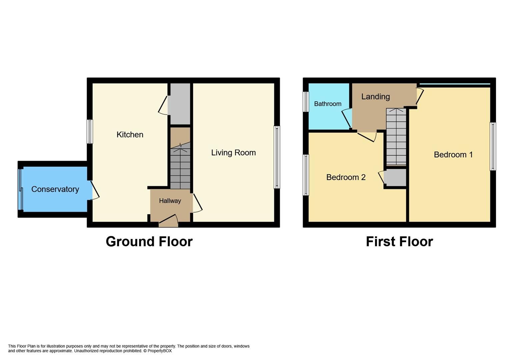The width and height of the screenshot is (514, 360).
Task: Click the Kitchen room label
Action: pyautogui.click(x=130, y=135)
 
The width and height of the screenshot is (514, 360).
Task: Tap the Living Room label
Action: pyautogui.click(x=233, y=153)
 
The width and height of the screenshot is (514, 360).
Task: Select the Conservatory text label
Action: pyautogui.click(x=55, y=189)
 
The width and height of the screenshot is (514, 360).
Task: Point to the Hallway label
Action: pyautogui.click(x=170, y=201)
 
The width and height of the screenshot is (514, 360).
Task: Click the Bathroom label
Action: pyautogui.click(x=327, y=104)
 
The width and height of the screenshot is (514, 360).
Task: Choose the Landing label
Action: pyautogui.click(x=375, y=97)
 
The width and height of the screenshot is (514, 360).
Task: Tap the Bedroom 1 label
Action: pyautogui.click(x=453, y=155)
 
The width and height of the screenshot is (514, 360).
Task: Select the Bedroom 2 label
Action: pyautogui.click(x=346, y=177)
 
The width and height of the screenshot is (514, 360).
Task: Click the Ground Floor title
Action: pyautogui.click(x=149, y=242)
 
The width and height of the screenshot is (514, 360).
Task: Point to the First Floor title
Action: pyautogui.click(x=399, y=242)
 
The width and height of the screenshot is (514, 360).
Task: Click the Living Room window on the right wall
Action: pyautogui.click(x=277, y=157)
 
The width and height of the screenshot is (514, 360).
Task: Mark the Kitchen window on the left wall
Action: pyautogui.click(x=90, y=131)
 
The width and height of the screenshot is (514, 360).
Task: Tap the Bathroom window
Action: pyautogui.click(x=306, y=102)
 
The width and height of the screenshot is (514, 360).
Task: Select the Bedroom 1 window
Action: pyautogui.click(x=493, y=146)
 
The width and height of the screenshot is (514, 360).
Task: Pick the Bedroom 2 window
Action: pyautogui.click(x=306, y=175)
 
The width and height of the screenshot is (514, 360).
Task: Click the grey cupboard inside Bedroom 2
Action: pyautogui.click(x=395, y=178)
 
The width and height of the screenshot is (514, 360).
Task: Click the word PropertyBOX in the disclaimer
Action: pyautogui.click(x=159, y=351)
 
